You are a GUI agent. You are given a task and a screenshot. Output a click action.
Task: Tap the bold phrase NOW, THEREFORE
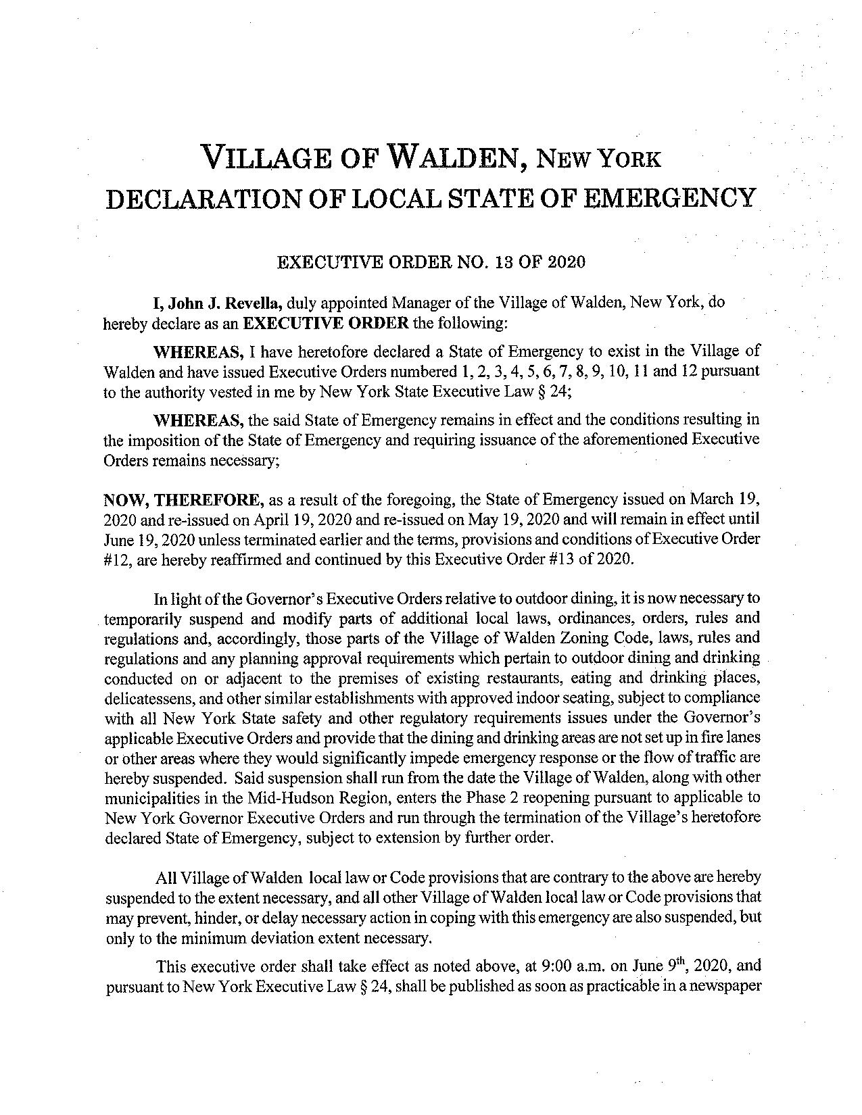[x=183, y=500]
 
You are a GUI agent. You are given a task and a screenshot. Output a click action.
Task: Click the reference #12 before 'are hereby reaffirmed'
[x=116, y=559]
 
